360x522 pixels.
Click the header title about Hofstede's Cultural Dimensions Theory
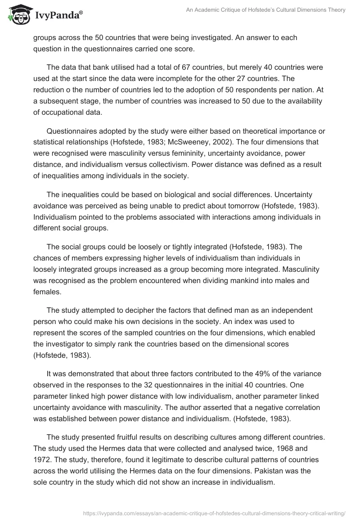265,10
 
